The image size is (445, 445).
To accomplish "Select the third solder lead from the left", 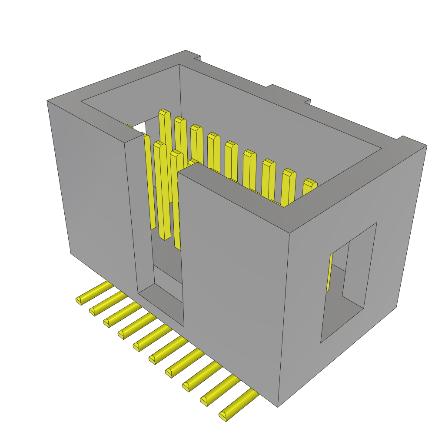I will (108, 322).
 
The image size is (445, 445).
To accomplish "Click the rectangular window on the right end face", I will (348, 282).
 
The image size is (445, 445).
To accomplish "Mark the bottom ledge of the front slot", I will (161, 304).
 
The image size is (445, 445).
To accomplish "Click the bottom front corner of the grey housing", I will (278, 407).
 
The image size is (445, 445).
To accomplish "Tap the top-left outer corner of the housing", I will (47, 101).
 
